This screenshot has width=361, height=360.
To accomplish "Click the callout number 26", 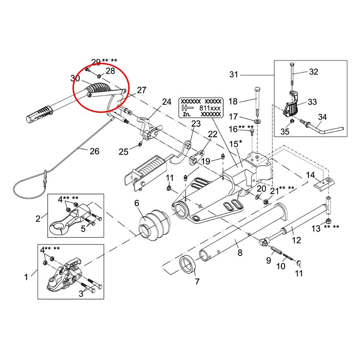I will click(x=94, y=151).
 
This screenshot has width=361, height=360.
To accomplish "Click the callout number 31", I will click(x=234, y=75).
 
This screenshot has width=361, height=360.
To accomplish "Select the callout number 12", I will click(x=296, y=240).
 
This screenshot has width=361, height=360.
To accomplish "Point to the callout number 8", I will click(x=240, y=253).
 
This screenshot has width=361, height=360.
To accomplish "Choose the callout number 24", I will click(x=166, y=102).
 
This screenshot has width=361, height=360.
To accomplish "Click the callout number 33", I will click(x=312, y=102).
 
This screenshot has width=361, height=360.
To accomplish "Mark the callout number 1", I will click(x=26, y=277).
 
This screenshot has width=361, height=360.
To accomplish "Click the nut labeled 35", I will click(x=292, y=121).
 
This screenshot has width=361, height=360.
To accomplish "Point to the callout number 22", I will click(x=212, y=134).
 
